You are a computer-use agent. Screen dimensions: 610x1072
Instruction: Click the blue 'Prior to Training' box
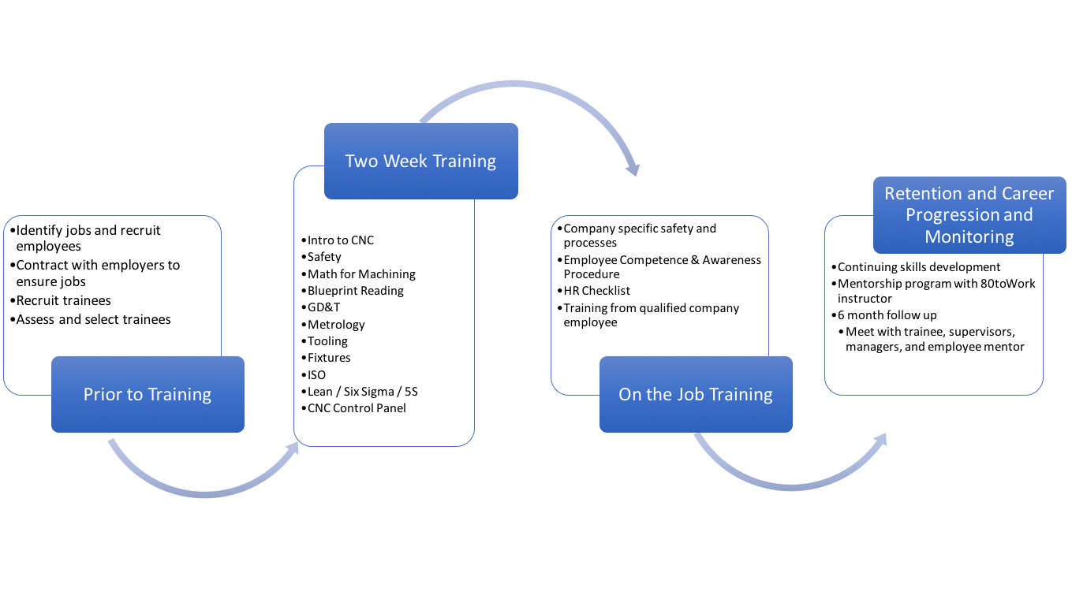tap(148, 394)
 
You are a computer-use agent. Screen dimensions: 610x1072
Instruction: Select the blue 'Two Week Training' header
tap(420, 161)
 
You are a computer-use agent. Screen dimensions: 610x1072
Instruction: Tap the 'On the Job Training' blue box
tap(695, 394)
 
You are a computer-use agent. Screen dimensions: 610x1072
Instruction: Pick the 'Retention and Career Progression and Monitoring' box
tap(969, 215)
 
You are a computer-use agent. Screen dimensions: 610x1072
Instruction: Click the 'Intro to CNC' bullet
tap(341, 240)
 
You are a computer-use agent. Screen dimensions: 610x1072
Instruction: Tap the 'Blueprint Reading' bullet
tap(355, 291)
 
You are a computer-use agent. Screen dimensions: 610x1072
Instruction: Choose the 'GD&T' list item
tap(323, 307)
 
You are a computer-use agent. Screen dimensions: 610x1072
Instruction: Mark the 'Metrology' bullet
tap(336, 324)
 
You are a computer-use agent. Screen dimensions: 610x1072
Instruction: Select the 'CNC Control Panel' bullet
tap(357, 407)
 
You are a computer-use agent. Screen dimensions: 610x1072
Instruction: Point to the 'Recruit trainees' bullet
tap(63, 300)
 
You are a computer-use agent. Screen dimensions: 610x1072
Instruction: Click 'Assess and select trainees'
tap(93, 319)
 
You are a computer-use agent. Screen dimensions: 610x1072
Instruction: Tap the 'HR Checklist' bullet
tap(596, 291)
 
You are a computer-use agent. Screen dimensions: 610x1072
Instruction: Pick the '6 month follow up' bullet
tap(887, 315)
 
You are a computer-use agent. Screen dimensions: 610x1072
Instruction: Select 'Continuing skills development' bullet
tap(918, 267)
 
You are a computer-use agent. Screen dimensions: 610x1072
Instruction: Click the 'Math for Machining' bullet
tap(361, 273)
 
